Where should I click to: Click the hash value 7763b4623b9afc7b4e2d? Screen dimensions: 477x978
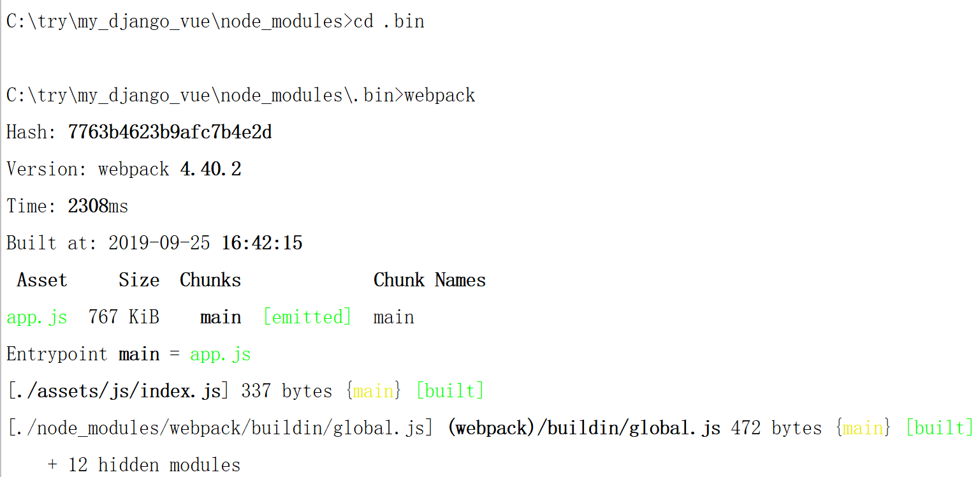click(x=170, y=133)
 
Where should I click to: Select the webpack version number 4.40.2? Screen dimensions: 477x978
click(x=210, y=170)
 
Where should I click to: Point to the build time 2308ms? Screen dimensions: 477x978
click(x=98, y=207)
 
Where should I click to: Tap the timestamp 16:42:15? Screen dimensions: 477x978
click(x=261, y=244)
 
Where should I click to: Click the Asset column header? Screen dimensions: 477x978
click(x=42, y=281)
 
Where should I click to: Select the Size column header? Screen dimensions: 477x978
click(x=138, y=281)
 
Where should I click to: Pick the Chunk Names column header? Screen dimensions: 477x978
click(x=429, y=281)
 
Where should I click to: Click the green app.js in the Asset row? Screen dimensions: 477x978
click(x=36, y=318)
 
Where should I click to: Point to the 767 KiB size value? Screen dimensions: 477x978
click(x=124, y=318)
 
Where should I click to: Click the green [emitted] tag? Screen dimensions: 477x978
click(x=307, y=318)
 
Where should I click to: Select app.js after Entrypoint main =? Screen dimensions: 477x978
click(x=220, y=355)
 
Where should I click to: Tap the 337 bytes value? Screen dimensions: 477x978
click(x=286, y=391)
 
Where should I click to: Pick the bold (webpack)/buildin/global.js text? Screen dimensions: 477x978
click(x=584, y=428)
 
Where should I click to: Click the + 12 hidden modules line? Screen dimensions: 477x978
click(x=144, y=466)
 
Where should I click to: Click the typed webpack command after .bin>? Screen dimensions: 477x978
click(x=440, y=96)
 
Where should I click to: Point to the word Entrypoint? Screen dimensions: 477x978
click(x=57, y=355)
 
